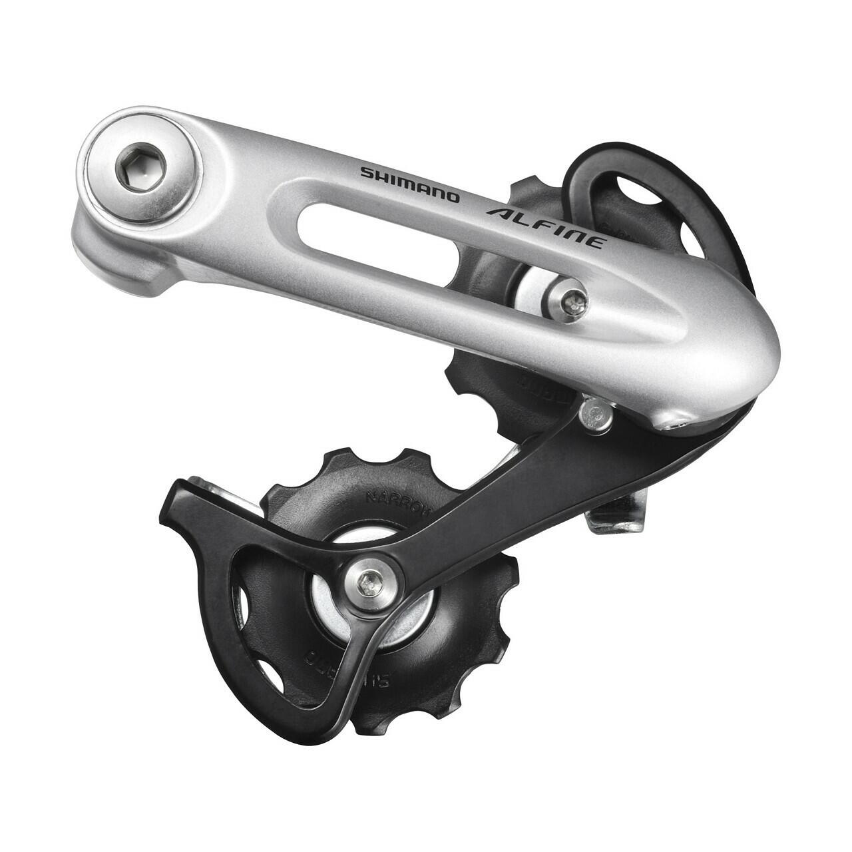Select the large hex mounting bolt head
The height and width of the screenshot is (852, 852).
click(x=141, y=164)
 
